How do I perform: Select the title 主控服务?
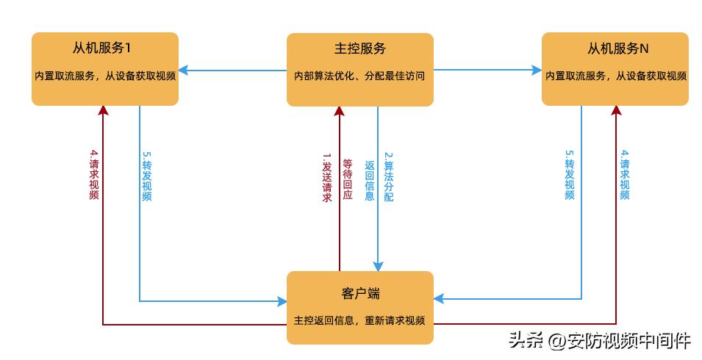(359, 49)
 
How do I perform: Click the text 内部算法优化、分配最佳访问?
(359, 75)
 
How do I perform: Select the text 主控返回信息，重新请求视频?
(359, 320)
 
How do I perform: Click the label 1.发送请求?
(327, 177)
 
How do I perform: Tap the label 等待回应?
(348, 180)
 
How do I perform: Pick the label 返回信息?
(370, 180)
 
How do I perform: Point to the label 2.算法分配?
(389, 177)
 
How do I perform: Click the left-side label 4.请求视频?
(94, 175)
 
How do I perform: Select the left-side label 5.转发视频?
(146, 176)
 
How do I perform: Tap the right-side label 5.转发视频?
(569, 175)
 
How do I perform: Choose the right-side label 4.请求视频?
(625, 175)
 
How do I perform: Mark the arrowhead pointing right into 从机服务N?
(537, 71)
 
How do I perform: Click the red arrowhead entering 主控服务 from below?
(340, 111)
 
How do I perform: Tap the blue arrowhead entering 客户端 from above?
(379, 266)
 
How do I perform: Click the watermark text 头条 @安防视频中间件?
(599, 340)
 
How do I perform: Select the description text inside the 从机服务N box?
(616, 75)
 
